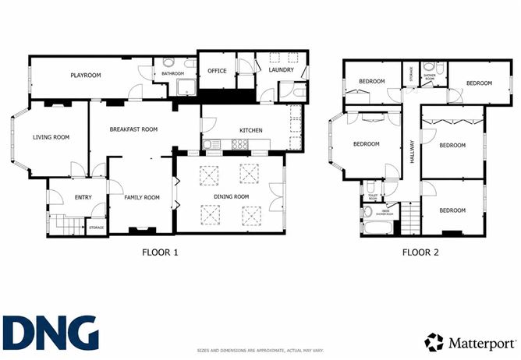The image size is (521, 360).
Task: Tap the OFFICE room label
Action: point(216,71)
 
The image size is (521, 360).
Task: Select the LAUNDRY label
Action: point(281,70)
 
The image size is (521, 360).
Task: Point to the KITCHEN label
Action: point(250,130)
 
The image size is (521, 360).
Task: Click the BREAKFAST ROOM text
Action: point(133,129)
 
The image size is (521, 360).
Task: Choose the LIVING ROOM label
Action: point(51,137)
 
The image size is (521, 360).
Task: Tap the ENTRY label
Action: point(83,197)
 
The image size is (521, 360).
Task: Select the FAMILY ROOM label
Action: point(141,197)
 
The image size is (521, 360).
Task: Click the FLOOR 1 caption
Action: point(160,252)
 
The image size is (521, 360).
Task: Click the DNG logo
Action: point(50,333)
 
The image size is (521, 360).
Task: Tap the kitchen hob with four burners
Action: point(239,144)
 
